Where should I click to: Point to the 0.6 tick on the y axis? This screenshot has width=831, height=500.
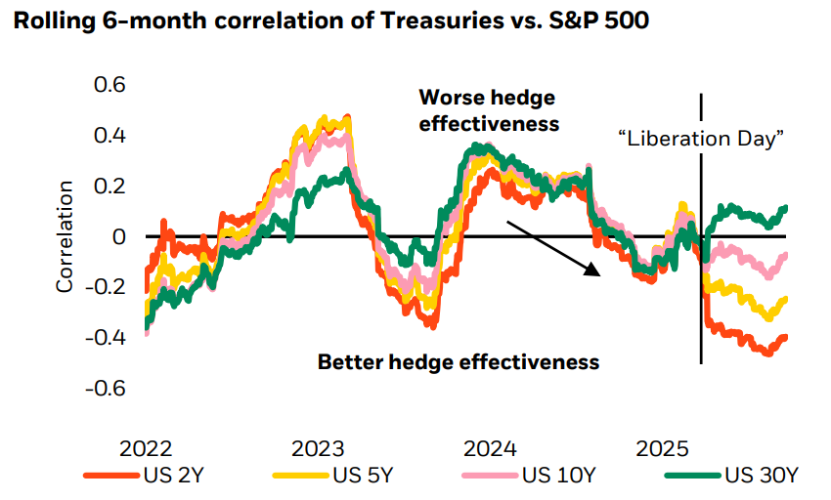tap(109, 85)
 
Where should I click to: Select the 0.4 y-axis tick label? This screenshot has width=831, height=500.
tap(109, 136)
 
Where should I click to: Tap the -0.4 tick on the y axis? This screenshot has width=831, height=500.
tap(106, 338)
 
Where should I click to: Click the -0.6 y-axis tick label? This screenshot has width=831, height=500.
tap(106, 389)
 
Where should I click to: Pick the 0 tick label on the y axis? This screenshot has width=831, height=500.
tap(119, 237)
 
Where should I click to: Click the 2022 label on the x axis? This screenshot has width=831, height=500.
tap(146, 449)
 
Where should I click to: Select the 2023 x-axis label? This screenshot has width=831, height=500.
tap(318, 449)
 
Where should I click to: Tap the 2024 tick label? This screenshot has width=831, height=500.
tap(490, 449)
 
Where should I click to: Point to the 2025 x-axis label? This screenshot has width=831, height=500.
tap(662, 449)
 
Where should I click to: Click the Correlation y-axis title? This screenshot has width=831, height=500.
tap(66, 236)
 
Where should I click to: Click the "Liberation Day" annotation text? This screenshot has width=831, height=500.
tap(703, 139)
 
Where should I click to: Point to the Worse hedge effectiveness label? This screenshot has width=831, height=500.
tap(488, 110)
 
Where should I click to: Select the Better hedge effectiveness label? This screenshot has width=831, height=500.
tap(458, 362)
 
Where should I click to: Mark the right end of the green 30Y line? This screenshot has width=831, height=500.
tap(785, 208)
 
